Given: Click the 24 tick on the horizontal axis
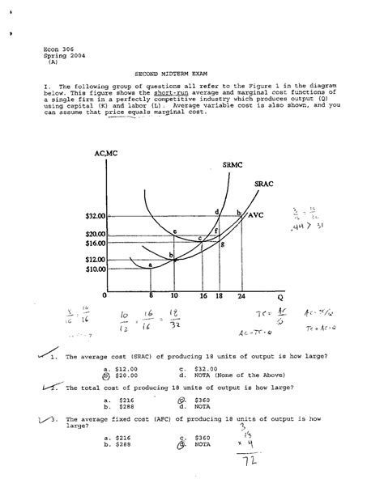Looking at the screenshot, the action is pos(241,297).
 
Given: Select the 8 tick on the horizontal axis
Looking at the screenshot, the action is pos(151,297).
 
